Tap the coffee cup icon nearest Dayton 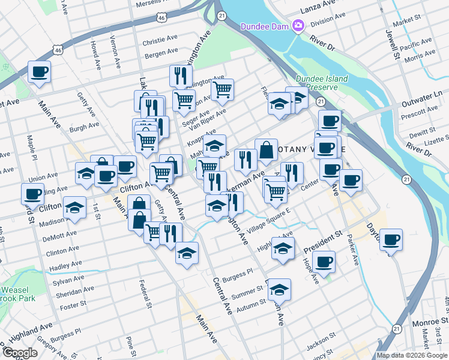tap(391, 239)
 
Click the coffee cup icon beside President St tap(324, 261)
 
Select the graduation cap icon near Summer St tap(279, 289)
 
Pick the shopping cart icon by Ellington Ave tap(223, 89)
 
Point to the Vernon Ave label tap(113, 47)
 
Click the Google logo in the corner tap(20, 353)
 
